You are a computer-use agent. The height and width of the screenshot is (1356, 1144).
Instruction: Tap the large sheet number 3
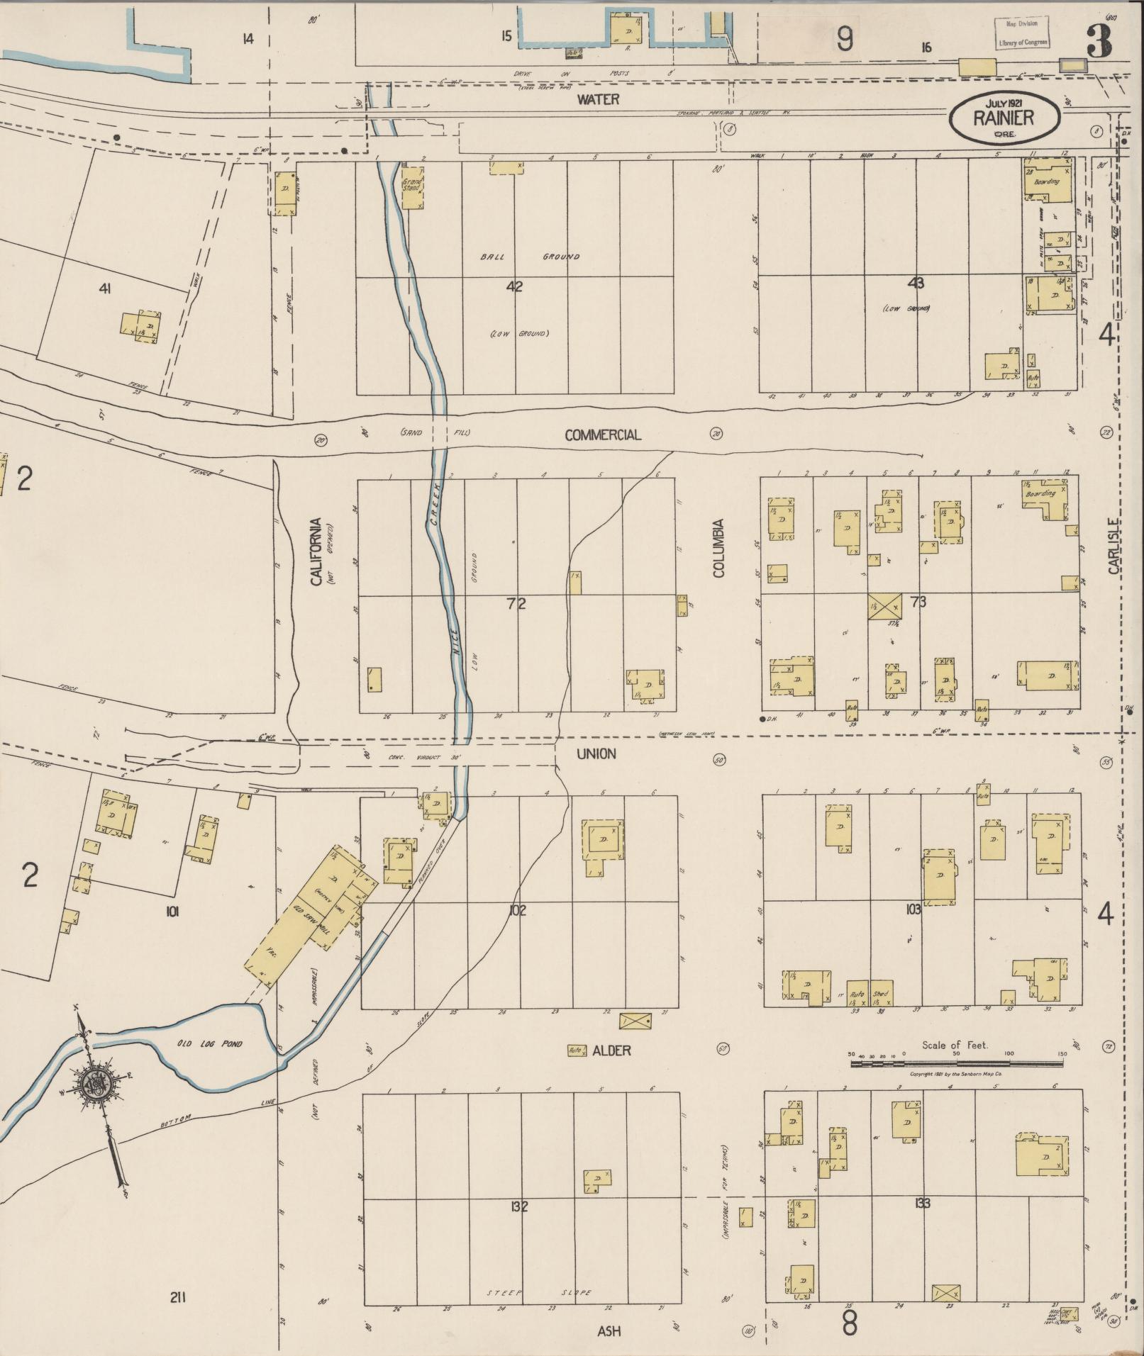(x=1099, y=40)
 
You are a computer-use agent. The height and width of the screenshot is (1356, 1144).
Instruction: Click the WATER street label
(x=597, y=100)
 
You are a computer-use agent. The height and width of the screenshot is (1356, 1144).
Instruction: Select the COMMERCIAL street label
(x=602, y=435)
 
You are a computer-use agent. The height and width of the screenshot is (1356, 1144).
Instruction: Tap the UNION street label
(x=596, y=753)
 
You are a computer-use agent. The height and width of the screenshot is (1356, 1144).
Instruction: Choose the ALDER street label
(x=611, y=1050)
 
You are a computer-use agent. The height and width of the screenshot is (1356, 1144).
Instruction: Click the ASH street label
(x=609, y=1331)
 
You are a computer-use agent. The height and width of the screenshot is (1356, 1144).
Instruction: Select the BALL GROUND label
(x=529, y=257)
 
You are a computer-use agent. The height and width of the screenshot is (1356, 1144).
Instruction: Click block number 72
(x=516, y=604)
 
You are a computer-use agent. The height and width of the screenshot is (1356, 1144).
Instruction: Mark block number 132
(x=518, y=1206)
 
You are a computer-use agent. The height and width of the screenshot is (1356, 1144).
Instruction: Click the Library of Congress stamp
(x=1022, y=33)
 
